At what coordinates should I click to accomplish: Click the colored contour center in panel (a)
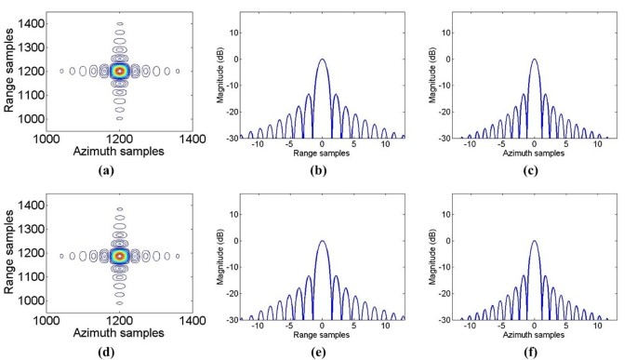119,70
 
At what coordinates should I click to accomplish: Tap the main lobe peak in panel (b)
322,60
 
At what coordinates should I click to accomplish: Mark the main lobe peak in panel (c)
534,60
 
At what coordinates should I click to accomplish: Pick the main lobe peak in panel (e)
322,241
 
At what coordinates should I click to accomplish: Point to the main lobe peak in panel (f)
534,241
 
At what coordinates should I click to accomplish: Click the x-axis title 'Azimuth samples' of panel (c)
534,154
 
